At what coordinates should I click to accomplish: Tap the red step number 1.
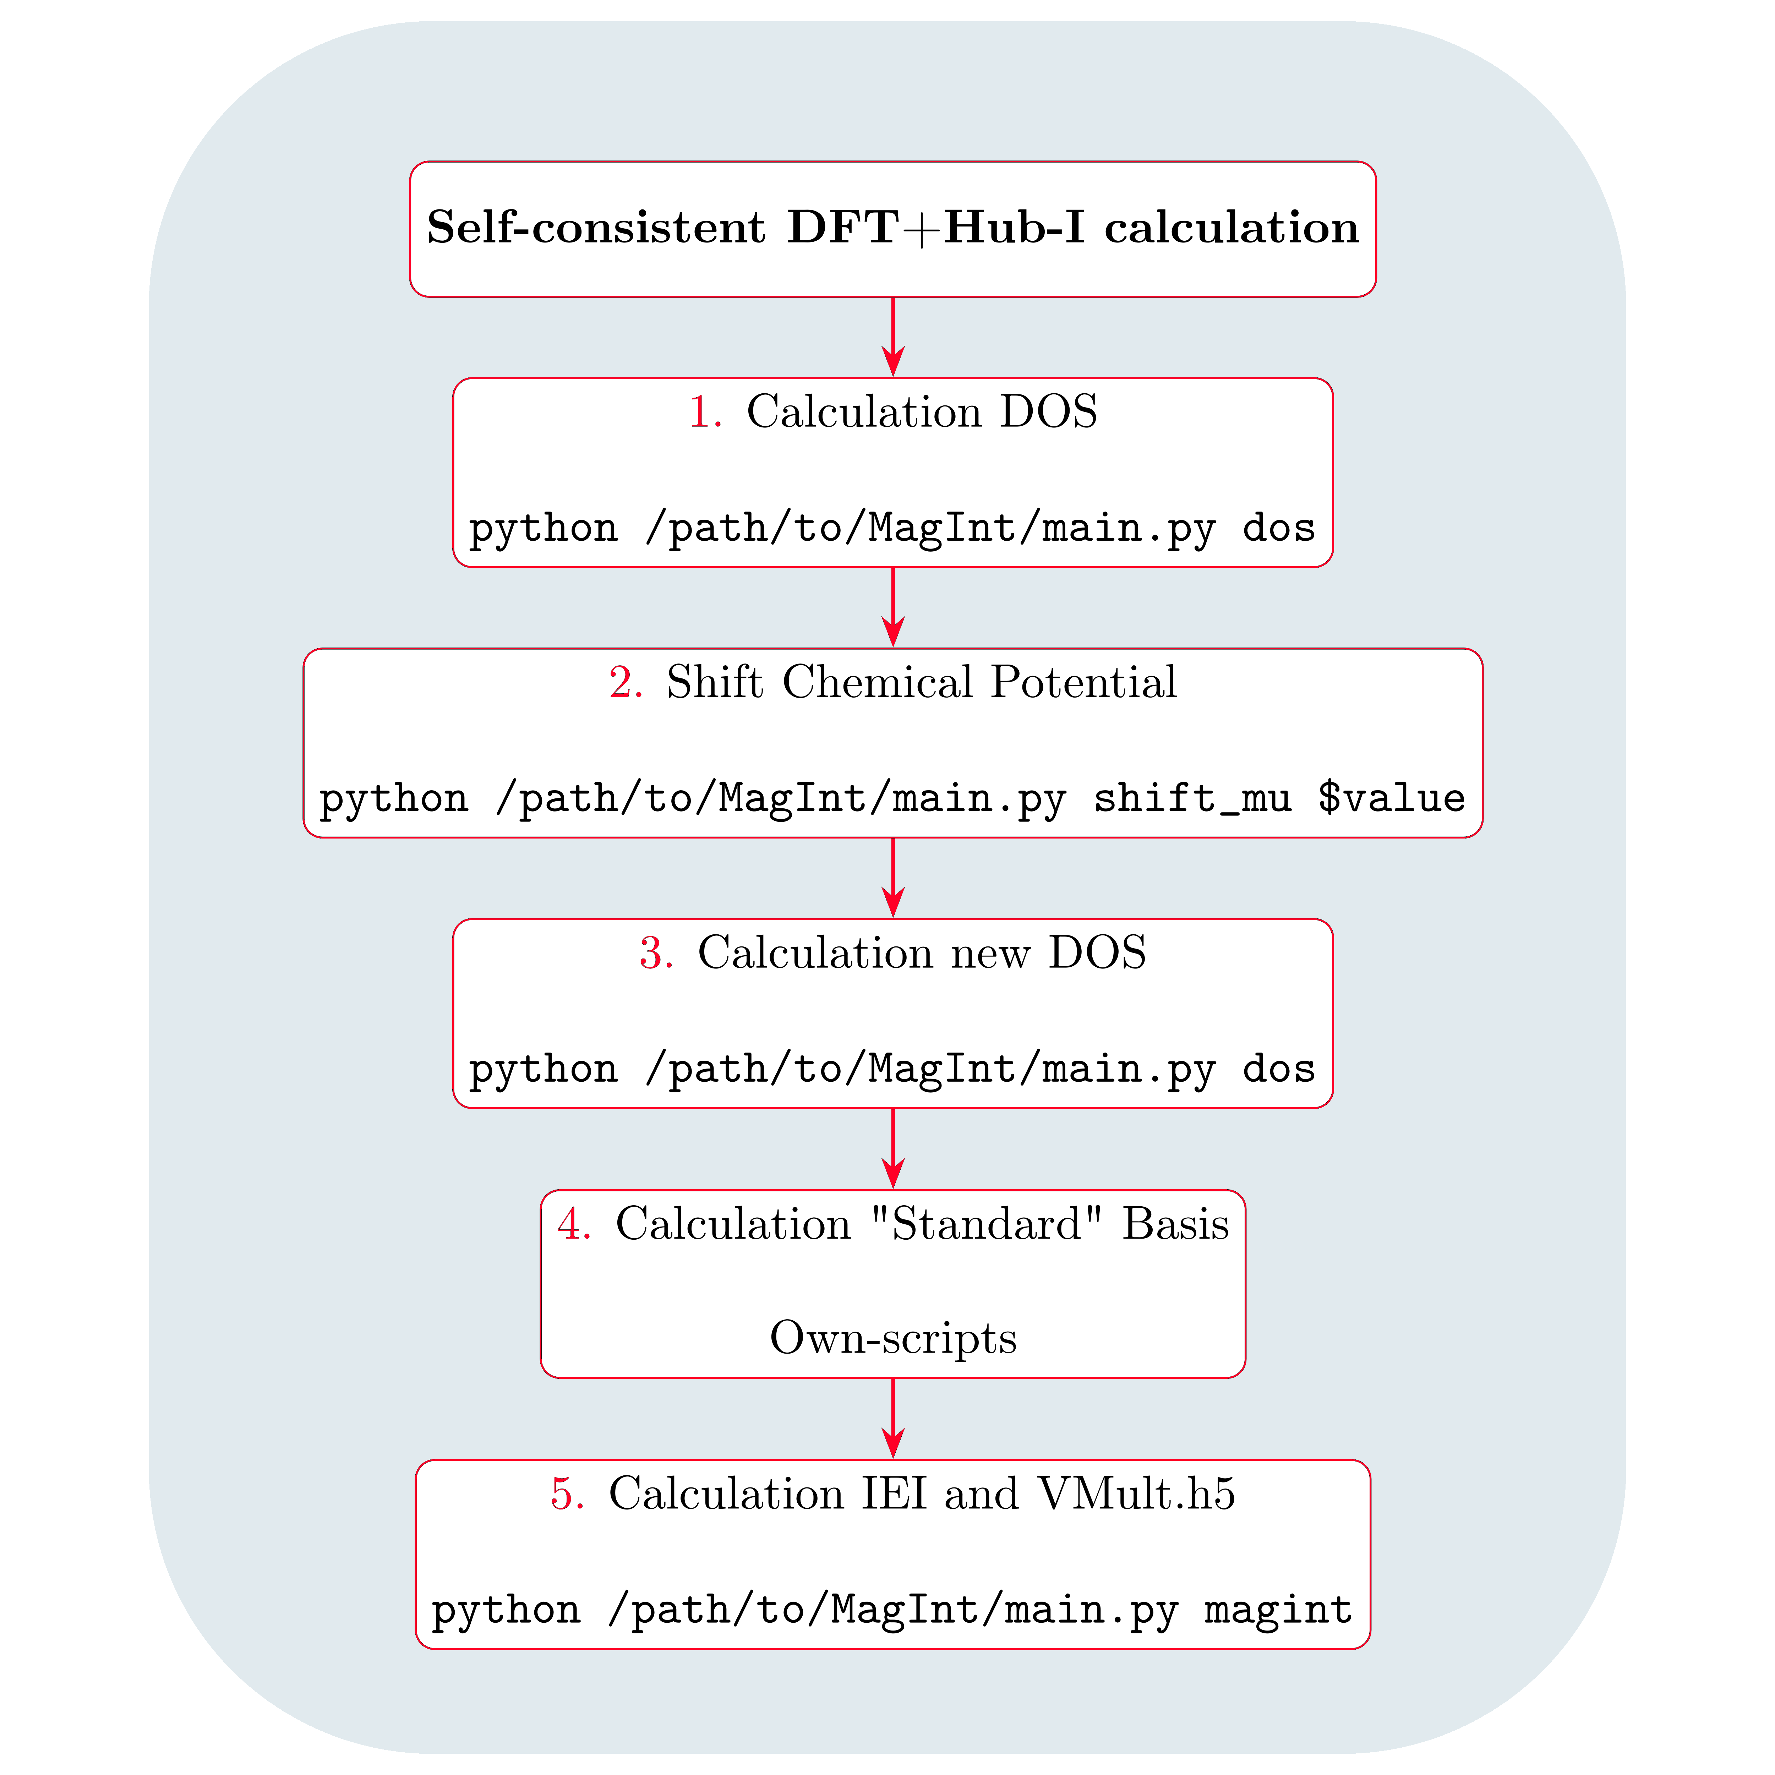click(705, 411)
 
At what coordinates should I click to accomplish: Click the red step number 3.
click(656, 953)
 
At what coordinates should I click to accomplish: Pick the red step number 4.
click(573, 1224)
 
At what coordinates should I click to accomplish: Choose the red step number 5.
click(567, 1494)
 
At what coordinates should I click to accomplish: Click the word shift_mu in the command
click(1192, 797)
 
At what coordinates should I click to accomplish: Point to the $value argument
click(1391, 797)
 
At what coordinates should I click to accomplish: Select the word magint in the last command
click(1278, 1610)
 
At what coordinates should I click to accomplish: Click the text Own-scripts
click(893, 1338)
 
